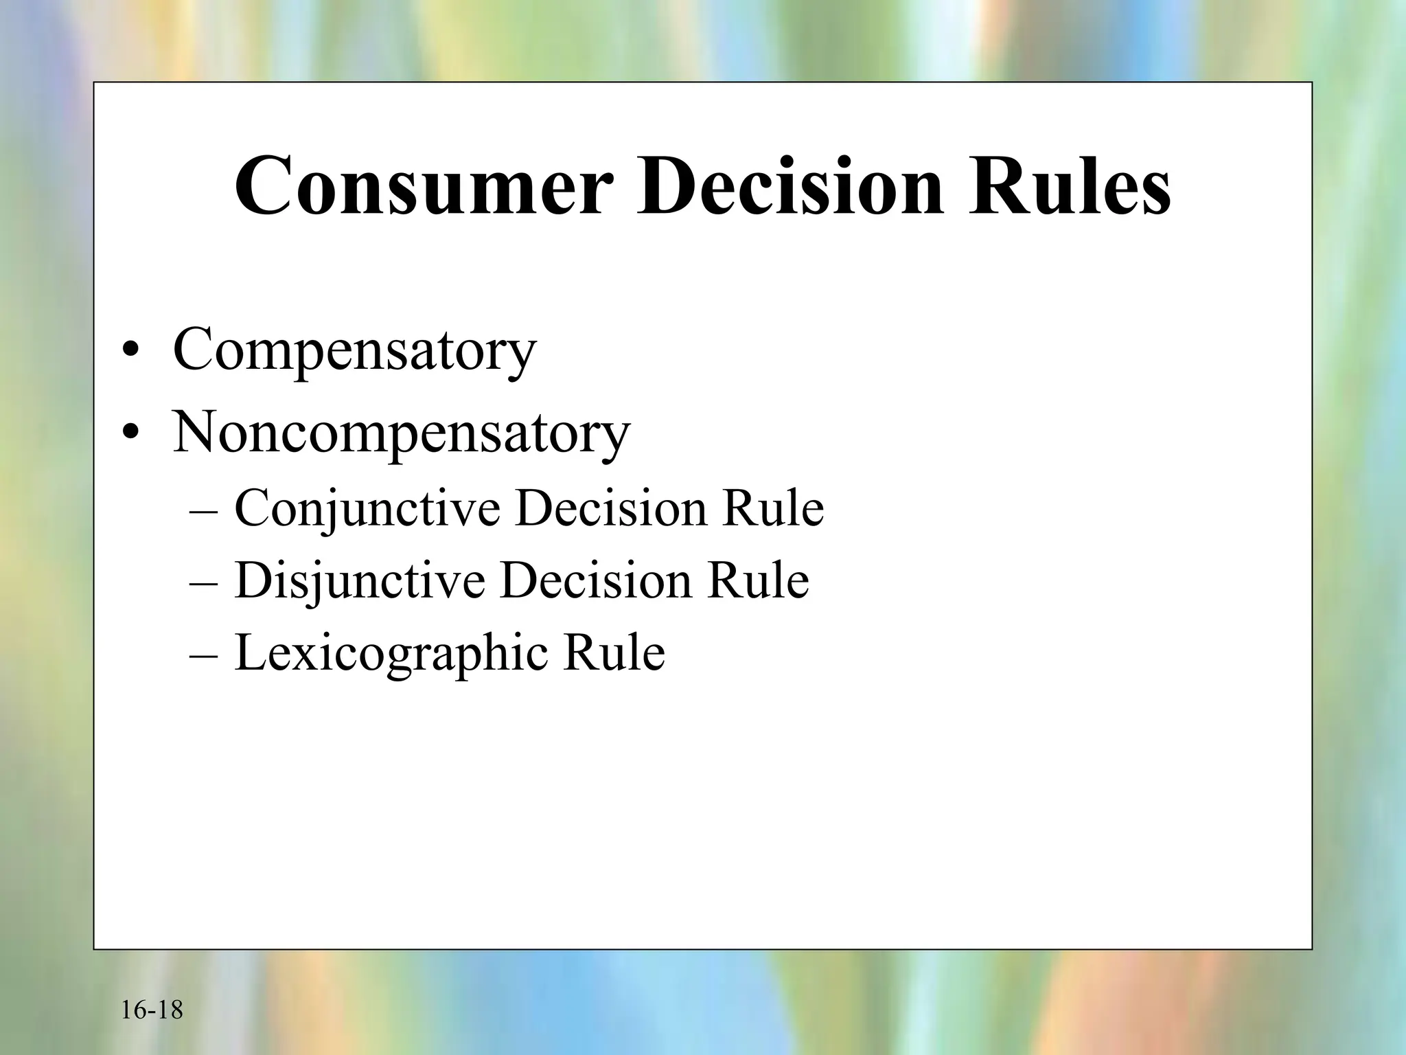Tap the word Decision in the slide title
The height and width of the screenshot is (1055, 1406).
click(790, 186)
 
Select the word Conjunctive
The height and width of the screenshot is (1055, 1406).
click(367, 510)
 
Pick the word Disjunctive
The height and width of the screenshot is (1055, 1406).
click(360, 582)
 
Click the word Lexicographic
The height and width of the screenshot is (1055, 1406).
click(391, 653)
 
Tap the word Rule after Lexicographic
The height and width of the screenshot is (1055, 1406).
click(614, 652)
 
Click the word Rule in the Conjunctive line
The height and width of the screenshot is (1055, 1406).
click(772, 509)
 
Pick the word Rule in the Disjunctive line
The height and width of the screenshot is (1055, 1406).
click(758, 580)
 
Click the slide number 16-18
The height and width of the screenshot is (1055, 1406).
click(152, 1010)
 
